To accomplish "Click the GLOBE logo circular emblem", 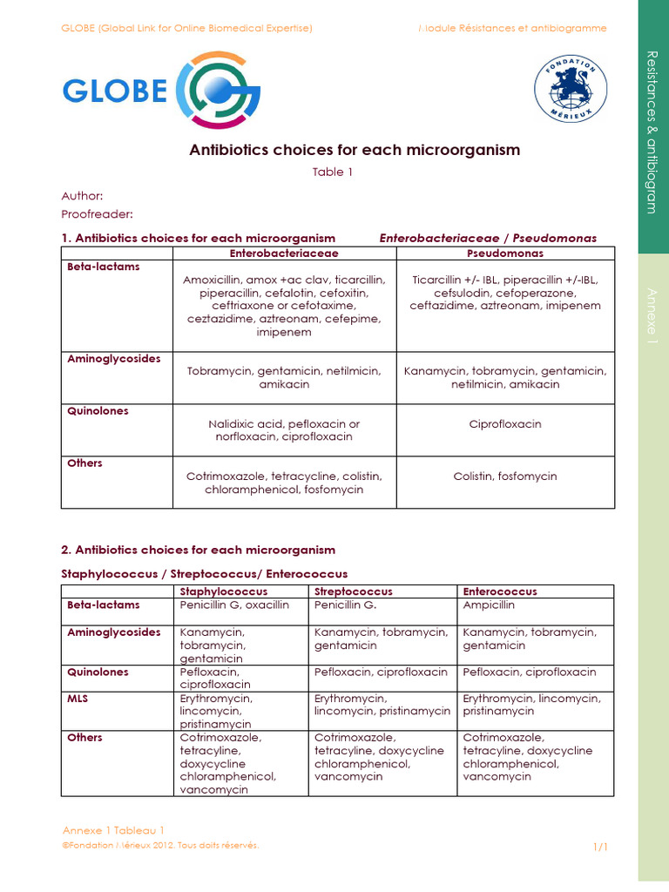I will [218, 91].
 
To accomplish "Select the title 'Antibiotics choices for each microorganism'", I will [355, 150].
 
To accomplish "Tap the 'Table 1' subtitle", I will [333, 172].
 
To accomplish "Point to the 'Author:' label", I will [82, 197].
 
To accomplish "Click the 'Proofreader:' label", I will [98, 214].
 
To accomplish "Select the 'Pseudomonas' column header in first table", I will [505, 253].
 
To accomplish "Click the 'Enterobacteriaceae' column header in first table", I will [284, 253].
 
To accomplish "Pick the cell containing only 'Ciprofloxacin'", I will [505, 424].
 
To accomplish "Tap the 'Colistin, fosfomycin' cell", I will [505, 476].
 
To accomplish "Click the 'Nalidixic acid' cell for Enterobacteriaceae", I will [284, 430].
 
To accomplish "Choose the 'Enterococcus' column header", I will [500, 591].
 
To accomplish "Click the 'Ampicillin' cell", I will [489, 605].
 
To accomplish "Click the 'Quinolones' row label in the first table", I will [98, 411].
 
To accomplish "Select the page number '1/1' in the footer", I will [600, 847].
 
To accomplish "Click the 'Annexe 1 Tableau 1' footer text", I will [113, 829].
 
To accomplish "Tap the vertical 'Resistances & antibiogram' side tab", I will [652, 131].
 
